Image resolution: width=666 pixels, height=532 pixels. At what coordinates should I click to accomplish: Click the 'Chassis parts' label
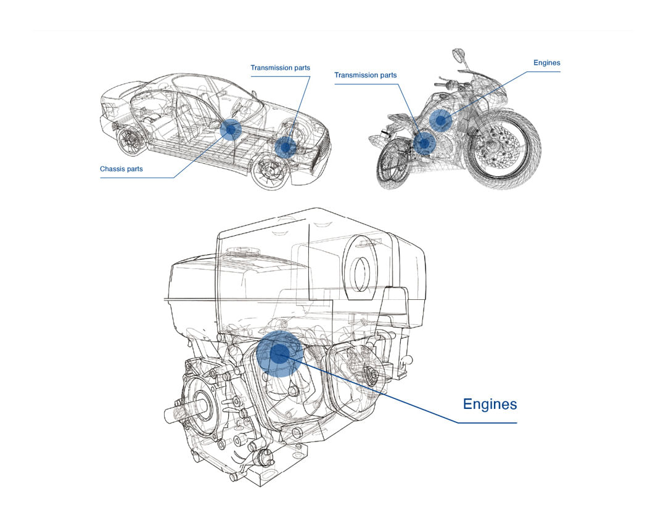click(x=121, y=169)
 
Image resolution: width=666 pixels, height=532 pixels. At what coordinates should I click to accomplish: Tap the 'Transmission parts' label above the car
click(x=280, y=68)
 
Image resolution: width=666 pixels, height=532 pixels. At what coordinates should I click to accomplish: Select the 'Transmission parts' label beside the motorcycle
click(x=365, y=75)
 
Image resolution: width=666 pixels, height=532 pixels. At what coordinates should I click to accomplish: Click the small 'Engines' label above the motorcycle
click(x=546, y=63)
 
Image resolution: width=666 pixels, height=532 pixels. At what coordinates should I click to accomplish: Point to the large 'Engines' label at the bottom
click(x=490, y=405)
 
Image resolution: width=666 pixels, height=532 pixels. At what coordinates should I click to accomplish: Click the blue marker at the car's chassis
click(x=231, y=130)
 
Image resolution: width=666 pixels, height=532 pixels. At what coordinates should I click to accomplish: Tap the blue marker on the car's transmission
click(x=286, y=147)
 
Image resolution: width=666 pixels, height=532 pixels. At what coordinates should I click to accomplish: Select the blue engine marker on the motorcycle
click(x=441, y=120)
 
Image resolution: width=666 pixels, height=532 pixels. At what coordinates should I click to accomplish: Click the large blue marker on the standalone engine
click(x=280, y=353)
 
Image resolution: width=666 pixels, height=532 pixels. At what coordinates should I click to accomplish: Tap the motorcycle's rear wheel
click(x=393, y=166)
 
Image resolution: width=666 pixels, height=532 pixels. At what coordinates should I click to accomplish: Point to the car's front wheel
click(x=272, y=171)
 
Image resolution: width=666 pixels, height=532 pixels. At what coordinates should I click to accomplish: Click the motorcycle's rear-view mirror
click(x=458, y=54)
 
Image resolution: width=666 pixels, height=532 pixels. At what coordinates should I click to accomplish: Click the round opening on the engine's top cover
click(x=361, y=268)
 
